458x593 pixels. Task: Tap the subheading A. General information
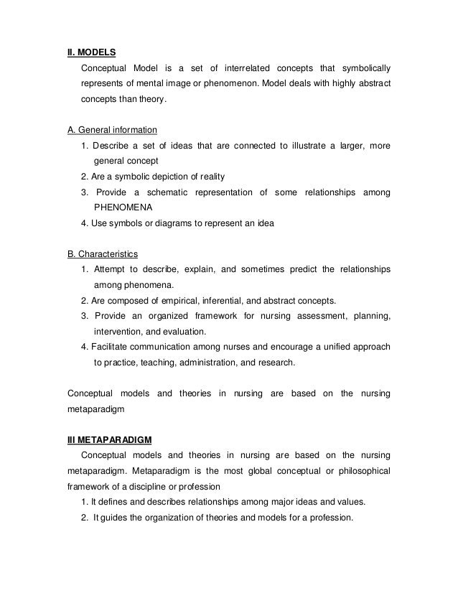[112, 130]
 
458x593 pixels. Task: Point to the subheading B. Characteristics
[103, 253]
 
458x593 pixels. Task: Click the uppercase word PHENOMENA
[124, 207]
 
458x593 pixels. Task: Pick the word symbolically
[361, 68]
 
